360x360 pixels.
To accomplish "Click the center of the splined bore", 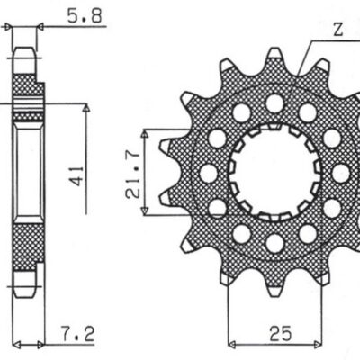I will [x=274, y=171].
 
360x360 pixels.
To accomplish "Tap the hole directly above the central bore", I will [x=274, y=103].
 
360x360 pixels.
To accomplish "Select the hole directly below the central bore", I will [x=274, y=241].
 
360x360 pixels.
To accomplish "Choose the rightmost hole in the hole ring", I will [x=341, y=173].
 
